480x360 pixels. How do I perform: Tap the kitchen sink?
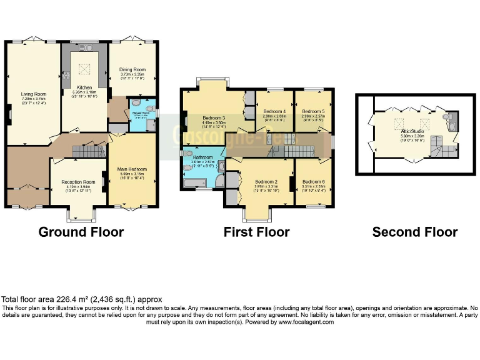pyautogui.click(x=84, y=47)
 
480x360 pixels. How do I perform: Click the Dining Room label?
pyautogui.click(x=132, y=69)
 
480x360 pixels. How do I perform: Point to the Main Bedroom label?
pyautogui.click(x=131, y=168)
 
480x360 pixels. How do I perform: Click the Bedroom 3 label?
pyautogui.click(x=214, y=117)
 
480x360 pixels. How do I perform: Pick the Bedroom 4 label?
pyautogui.click(x=274, y=111)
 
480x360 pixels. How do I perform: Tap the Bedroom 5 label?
pyautogui.click(x=313, y=111)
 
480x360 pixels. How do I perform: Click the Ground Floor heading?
pyautogui.click(x=81, y=232)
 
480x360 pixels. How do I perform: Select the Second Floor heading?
pyautogui.click(x=414, y=232)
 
